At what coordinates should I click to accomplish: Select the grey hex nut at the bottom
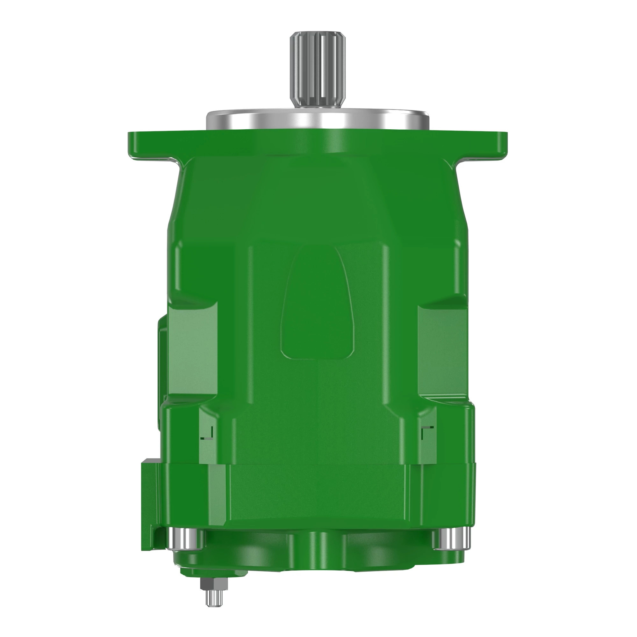214,583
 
